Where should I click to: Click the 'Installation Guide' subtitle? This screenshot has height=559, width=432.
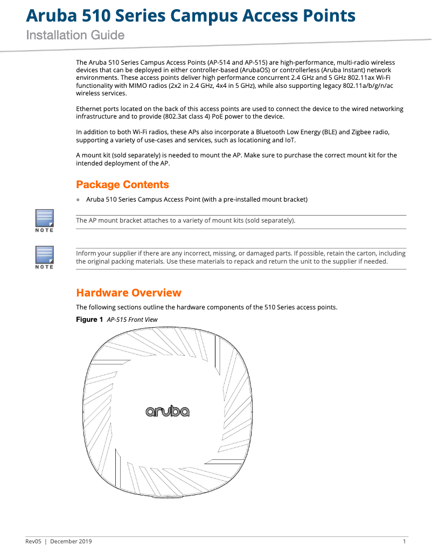tap(75, 36)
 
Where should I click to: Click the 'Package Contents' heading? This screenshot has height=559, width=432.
tap(122, 185)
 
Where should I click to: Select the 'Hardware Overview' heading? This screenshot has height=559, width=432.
tap(129, 293)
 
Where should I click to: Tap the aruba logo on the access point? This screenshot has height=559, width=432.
tap(167, 412)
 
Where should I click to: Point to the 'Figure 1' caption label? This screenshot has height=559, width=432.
tap(89, 320)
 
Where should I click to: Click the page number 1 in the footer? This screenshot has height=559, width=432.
tap(404, 541)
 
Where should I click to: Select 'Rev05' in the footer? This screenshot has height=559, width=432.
tap(33, 541)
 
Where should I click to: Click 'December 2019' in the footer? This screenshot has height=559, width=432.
tap(71, 541)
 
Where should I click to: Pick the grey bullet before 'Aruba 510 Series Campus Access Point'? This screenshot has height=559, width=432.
tap(78, 199)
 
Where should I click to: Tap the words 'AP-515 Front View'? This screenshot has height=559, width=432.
tap(133, 320)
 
